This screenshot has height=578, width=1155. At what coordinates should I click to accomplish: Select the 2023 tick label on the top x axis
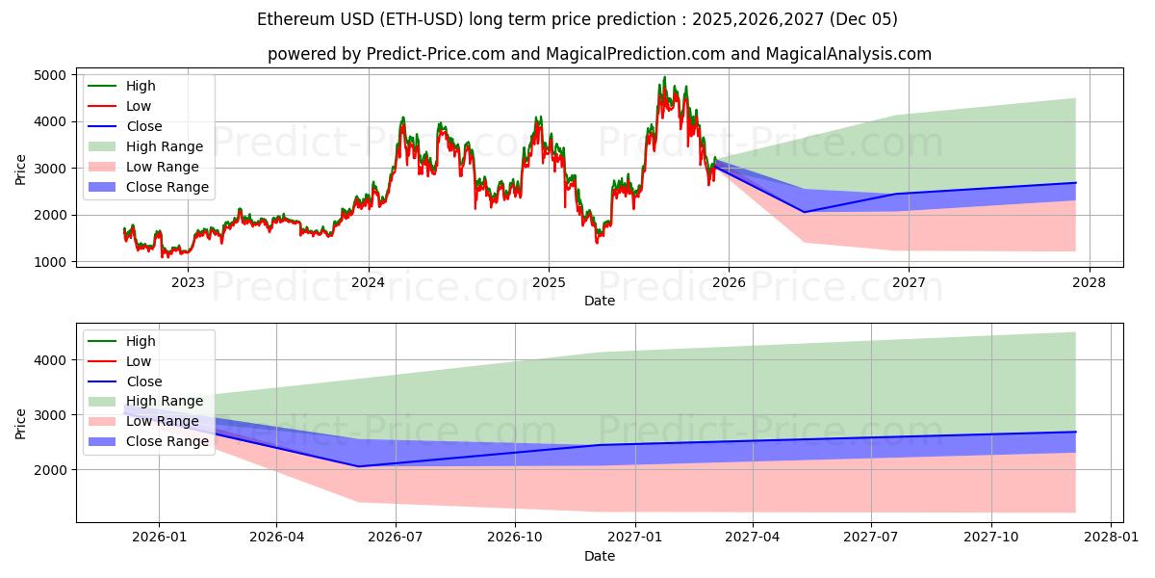pyautogui.click(x=187, y=282)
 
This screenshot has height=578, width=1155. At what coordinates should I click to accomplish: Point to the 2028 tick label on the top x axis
pyautogui.click(x=1090, y=282)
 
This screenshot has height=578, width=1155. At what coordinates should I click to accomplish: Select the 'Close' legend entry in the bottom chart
pyautogui.click(x=143, y=381)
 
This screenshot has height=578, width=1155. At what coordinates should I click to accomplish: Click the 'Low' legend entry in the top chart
pyautogui.click(x=138, y=106)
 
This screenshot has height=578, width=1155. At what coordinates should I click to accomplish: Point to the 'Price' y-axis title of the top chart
pyautogui.click(x=21, y=169)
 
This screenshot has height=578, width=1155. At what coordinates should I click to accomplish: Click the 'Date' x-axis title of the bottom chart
pyautogui.click(x=600, y=556)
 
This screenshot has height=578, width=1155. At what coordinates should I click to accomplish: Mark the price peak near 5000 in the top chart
pyautogui.click(x=664, y=77)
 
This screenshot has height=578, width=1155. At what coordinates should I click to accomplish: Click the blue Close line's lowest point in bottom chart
pyautogui.click(x=359, y=466)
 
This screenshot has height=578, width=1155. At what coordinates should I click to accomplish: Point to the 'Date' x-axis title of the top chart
pyautogui.click(x=600, y=302)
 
